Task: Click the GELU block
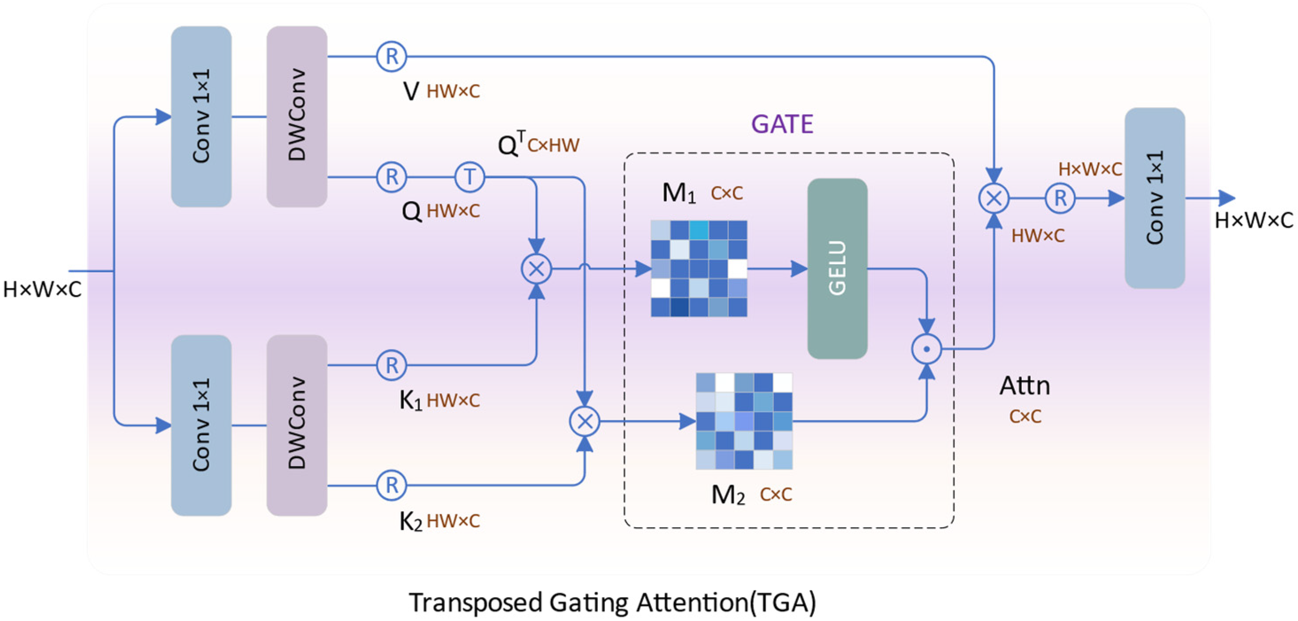837,268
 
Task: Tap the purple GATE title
782,124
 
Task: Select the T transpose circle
469,177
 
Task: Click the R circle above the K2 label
392,485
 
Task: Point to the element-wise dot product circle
926,349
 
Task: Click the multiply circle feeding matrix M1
536,268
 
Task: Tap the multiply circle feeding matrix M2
585,421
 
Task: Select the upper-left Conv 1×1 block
201,116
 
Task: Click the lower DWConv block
297,425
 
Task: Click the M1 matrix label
678,192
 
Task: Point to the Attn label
1025,386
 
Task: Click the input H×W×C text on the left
42,290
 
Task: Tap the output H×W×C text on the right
1254,221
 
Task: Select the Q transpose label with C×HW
538,145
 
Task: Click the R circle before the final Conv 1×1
1060,198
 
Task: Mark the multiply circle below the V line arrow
993,198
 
